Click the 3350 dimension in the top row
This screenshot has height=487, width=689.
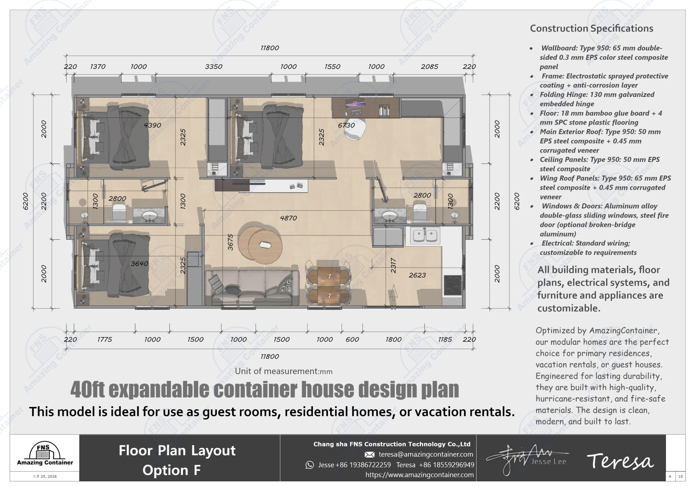[x=214, y=67]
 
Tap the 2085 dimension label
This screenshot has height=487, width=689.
[x=429, y=67]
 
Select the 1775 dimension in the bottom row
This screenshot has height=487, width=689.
[x=104, y=340]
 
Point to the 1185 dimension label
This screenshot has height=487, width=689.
[x=445, y=340]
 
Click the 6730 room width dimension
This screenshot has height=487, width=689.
[x=346, y=125]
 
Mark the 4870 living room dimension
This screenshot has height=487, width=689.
[x=288, y=218]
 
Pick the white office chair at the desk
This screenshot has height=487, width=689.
[x=355, y=128]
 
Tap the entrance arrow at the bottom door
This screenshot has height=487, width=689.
[x=393, y=292]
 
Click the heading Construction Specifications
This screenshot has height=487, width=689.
[x=591, y=28]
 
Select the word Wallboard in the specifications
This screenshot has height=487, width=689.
[x=557, y=48]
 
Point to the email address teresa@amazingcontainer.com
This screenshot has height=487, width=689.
[x=426, y=454]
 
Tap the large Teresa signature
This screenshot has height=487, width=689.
[x=620, y=461]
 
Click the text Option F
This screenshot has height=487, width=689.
[x=171, y=470]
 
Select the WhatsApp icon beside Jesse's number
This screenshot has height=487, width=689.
[x=309, y=465]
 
